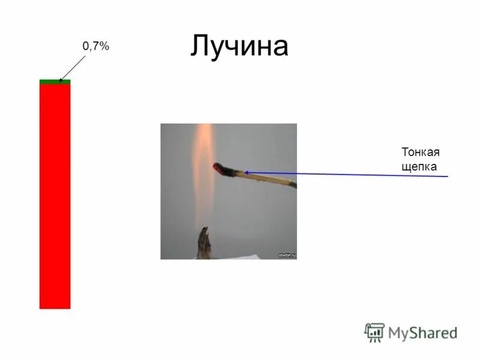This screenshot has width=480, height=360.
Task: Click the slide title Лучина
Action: tap(239, 46)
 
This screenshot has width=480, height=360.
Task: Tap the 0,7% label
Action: tap(95, 46)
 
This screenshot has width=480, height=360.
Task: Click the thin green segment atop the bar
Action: tap(55, 82)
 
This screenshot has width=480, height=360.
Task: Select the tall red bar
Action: tap(55, 198)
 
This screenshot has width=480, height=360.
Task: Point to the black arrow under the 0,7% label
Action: tap(73, 66)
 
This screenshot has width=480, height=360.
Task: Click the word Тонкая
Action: tap(417, 152)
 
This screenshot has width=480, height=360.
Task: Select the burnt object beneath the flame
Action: tap(205, 243)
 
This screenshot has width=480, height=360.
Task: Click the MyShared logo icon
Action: tap(374, 332)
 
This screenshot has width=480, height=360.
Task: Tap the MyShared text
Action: tap(422, 333)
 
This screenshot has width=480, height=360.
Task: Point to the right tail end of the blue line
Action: tap(447, 176)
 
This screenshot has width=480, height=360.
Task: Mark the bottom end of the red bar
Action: tap(55, 307)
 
